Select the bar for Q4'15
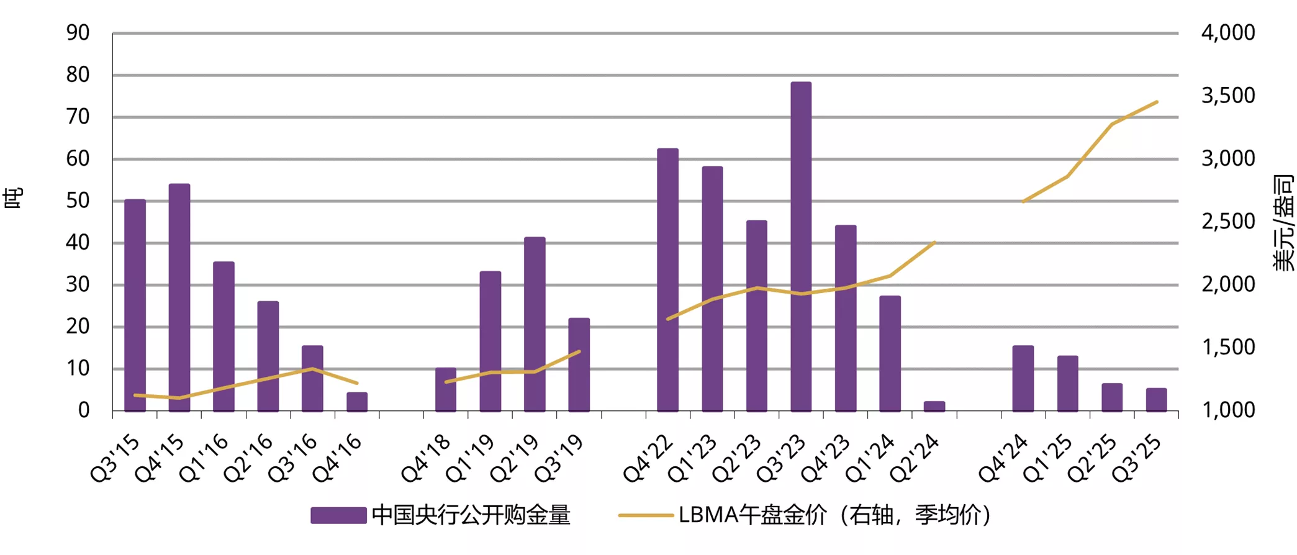coord(179,298)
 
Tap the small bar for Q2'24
coord(934,407)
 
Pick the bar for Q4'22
coord(667,280)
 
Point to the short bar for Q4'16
coord(357,402)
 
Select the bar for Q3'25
coord(1156,400)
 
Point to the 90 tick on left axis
coord(78,33)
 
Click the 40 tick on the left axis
coord(78,243)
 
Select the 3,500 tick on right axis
coord(1227,96)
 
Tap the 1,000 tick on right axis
coord(1227,410)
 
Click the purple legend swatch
coord(338,515)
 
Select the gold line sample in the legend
coord(646,515)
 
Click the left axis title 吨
coord(14,198)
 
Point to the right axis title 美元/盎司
coord(1283,222)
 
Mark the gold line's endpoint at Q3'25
coord(1157,102)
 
